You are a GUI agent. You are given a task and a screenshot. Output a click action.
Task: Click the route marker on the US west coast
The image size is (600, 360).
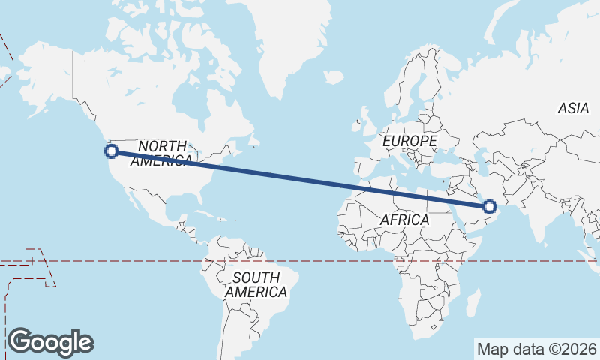[112, 151]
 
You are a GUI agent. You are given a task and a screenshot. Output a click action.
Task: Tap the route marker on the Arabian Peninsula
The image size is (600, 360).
[490, 206]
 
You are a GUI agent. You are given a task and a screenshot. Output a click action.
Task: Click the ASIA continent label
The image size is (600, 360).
[573, 109]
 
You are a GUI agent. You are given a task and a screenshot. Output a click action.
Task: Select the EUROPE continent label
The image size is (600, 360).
[409, 141]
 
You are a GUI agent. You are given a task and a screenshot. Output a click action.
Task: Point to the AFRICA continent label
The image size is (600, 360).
[404, 220]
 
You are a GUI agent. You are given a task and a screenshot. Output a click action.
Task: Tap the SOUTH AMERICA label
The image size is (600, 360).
[256, 285]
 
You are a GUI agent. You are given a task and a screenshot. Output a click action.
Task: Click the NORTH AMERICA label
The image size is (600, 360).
[163, 152]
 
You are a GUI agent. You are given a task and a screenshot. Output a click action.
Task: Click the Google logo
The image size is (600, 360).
[51, 342]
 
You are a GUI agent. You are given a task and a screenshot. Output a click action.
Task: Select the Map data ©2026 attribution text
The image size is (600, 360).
[536, 349]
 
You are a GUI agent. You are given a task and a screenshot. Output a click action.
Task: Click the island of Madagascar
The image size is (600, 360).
[473, 304]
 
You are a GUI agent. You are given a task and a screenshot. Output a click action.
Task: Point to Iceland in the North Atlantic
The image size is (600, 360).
[334, 76]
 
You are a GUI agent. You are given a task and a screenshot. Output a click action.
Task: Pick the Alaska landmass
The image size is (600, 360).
[45, 75]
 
